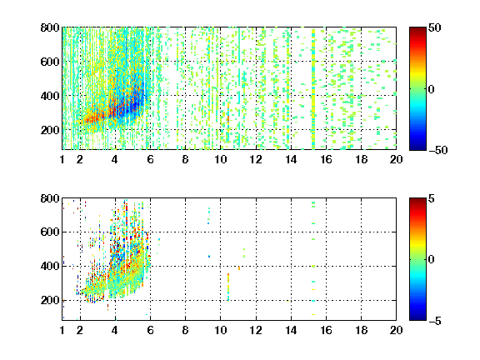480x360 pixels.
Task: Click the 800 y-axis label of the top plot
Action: (x=50, y=27)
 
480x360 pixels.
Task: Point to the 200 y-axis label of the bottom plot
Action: (x=50, y=300)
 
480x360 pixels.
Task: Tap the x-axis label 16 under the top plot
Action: (x=327, y=159)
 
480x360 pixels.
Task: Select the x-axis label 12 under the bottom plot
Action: (x=256, y=330)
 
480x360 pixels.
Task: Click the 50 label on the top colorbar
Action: (x=435, y=27)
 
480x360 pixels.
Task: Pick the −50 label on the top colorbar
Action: (x=438, y=150)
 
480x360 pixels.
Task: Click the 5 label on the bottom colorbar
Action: (x=432, y=198)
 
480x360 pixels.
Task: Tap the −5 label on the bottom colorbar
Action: (x=435, y=321)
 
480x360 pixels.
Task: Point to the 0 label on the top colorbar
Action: (x=432, y=89)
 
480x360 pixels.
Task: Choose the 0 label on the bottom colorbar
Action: (x=432, y=260)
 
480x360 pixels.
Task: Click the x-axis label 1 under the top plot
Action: (x=62, y=159)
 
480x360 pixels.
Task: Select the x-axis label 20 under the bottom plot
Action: (x=396, y=330)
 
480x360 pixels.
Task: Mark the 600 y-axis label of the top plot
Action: (x=50, y=62)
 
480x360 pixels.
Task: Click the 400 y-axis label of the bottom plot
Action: (x=50, y=267)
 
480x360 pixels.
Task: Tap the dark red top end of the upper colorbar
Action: (x=417, y=28)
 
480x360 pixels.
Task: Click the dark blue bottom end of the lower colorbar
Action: (x=417, y=319)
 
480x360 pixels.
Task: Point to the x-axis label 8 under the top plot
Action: (x=185, y=159)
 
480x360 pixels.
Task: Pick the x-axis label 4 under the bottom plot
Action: (x=115, y=330)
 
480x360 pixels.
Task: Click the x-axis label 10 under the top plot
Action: (x=220, y=159)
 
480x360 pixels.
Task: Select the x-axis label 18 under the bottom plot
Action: (x=362, y=330)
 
